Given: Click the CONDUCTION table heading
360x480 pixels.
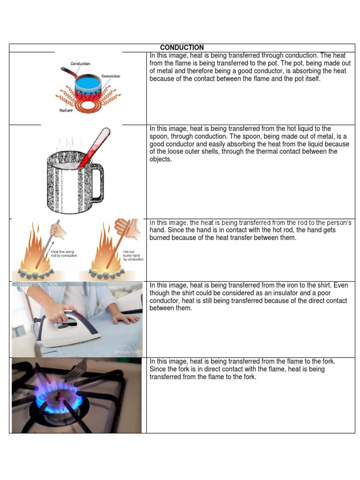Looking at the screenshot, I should (x=182, y=47).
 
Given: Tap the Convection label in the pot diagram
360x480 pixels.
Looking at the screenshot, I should (x=111, y=76).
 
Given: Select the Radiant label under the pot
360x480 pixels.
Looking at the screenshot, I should (x=66, y=111).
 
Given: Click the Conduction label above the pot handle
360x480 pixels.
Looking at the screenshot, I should (x=80, y=64).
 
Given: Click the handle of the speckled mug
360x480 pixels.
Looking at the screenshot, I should (x=97, y=181).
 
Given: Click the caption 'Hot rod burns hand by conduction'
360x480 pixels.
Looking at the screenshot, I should (x=133, y=255).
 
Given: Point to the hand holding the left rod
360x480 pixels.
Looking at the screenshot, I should (x=58, y=230).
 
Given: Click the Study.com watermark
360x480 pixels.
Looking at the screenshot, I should (x=127, y=352).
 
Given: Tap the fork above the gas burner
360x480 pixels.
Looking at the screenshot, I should (x=75, y=370).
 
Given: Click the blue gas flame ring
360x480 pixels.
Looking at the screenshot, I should (x=58, y=401).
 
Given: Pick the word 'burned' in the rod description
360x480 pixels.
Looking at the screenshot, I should (x=161, y=238).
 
